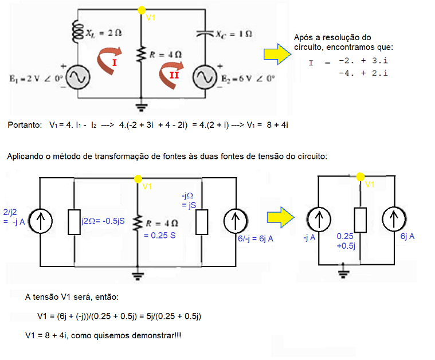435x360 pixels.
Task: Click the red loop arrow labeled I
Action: [107, 61]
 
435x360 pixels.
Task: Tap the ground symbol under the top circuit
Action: [140, 107]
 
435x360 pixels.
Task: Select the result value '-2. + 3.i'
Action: [363, 60]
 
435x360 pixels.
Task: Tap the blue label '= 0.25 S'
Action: [159, 235]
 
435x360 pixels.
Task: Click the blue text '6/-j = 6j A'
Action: [254, 238]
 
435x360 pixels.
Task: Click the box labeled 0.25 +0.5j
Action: [360, 220]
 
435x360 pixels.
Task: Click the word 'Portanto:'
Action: [25, 124]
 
